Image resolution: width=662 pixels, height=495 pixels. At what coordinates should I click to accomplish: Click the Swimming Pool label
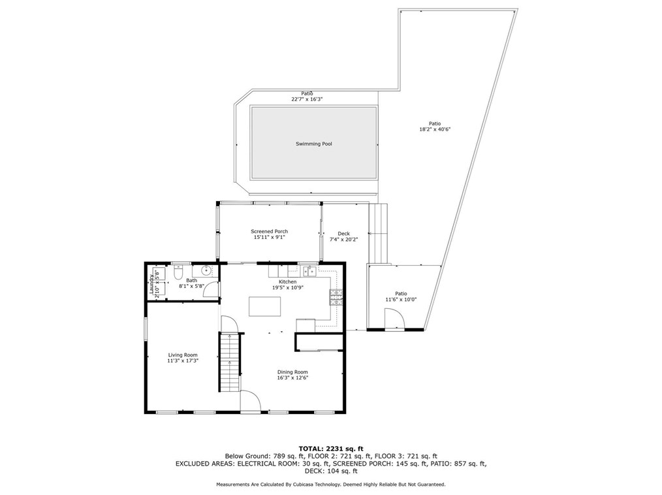coord(313,144)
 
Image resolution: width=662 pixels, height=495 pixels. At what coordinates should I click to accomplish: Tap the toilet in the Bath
coord(178,272)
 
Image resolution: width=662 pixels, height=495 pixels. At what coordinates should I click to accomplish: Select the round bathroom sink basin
coord(206,270)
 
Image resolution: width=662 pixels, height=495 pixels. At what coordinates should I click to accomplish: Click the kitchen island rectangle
coord(264,306)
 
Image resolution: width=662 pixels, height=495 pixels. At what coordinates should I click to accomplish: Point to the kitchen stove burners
coord(336,297)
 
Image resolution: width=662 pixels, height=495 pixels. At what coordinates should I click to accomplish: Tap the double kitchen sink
coord(311,271)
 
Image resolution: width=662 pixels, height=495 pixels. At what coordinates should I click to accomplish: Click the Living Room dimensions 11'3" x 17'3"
coord(183,361)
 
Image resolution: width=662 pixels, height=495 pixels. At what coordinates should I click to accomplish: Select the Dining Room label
coord(292,372)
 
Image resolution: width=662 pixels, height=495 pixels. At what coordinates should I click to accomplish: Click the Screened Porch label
coord(270,231)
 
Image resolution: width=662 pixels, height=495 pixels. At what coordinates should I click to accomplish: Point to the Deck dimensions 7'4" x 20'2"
coord(343,240)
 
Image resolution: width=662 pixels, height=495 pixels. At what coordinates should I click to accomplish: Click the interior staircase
coord(230,362)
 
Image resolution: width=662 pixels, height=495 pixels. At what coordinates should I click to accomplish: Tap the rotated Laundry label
coord(151,284)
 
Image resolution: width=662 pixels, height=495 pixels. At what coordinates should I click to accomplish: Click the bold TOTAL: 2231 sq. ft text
coord(331,449)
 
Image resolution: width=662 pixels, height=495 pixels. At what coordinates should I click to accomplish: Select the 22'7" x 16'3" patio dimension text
coord(307,99)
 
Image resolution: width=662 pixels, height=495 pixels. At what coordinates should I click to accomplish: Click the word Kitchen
coord(287,281)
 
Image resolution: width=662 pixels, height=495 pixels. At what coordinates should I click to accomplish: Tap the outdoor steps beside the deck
coord(378,234)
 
